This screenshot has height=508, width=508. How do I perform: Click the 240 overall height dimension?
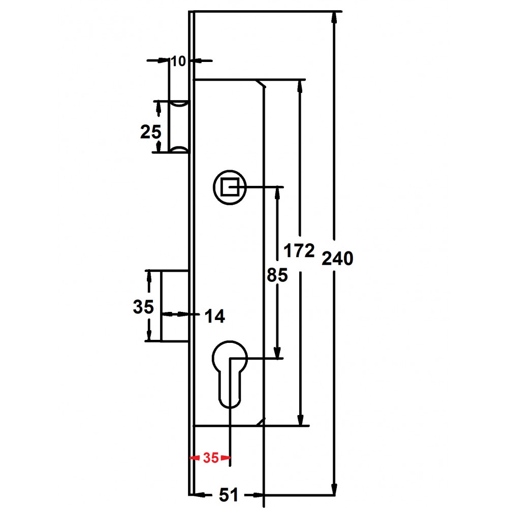337,259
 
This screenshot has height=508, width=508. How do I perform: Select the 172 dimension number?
299,251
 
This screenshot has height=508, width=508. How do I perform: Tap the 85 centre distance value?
277,275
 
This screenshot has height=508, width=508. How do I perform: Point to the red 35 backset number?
211,458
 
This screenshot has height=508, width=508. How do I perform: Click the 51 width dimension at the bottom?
229,495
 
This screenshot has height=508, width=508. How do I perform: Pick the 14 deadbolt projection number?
214,316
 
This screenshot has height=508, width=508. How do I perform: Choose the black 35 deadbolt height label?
143,306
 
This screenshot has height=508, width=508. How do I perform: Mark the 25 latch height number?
151,132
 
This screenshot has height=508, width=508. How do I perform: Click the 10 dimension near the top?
178,61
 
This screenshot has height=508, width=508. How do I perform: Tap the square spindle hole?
230,187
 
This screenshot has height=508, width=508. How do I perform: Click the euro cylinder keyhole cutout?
230,374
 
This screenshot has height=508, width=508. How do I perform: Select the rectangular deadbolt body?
175,305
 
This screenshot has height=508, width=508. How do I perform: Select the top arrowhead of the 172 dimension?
300,86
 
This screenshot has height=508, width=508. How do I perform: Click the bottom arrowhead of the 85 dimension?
277,352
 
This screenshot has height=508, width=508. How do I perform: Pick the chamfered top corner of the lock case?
261,83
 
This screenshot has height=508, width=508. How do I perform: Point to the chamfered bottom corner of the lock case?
261,422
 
